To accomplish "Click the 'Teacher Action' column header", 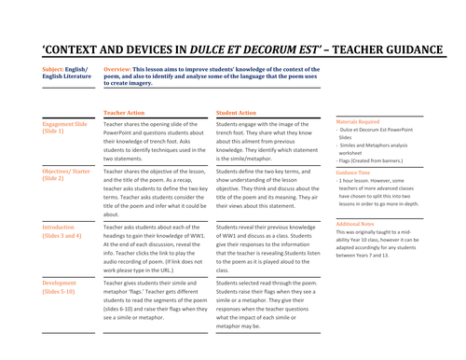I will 125,112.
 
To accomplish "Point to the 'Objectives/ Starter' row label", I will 68,173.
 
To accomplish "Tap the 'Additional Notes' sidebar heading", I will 360,225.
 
